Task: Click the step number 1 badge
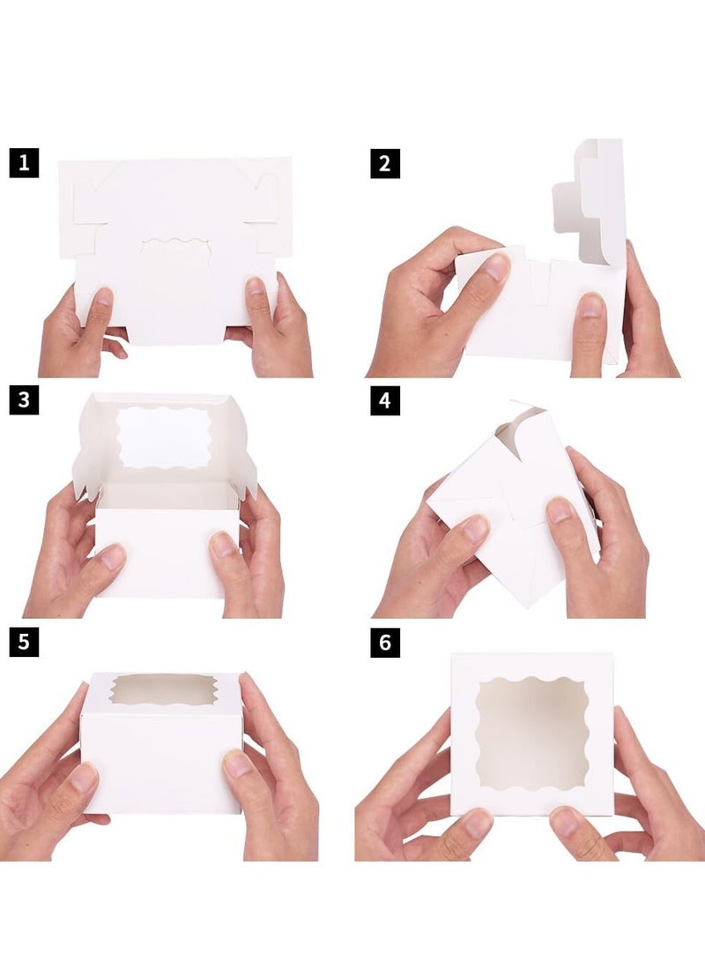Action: click(x=24, y=163)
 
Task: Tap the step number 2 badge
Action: click(x=385, y=163)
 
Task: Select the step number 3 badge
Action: click(x=24, y=400)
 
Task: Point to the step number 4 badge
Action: click(x=385, y=400)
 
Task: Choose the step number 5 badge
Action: click(x=24, y=642)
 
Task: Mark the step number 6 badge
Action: click(x=385, y=642)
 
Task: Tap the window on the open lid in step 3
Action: click(x=163, y=436)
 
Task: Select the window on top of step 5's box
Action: click(x=163, y=690)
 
